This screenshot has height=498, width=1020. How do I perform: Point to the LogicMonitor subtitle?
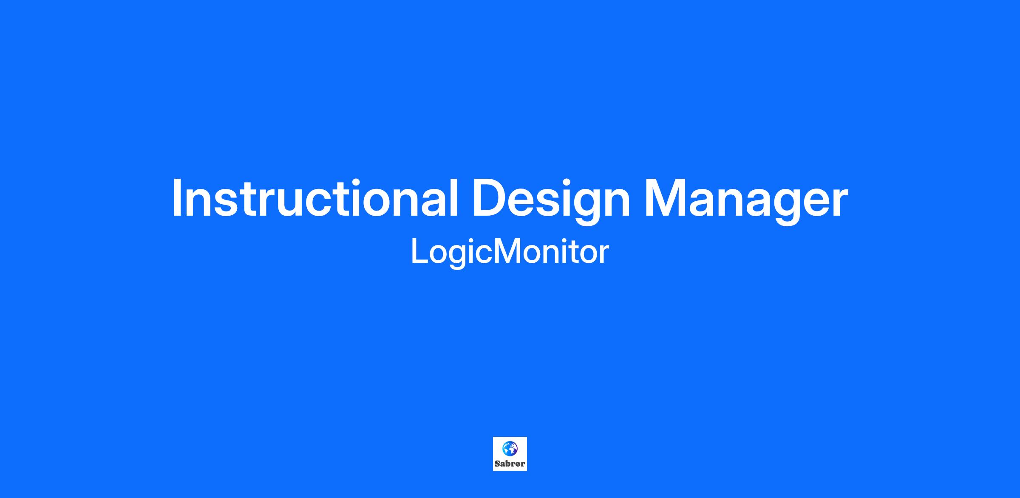510,253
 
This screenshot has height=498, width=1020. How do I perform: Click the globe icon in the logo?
510,447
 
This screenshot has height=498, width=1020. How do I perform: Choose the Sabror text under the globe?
510,464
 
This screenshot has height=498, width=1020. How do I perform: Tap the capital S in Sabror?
498,464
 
